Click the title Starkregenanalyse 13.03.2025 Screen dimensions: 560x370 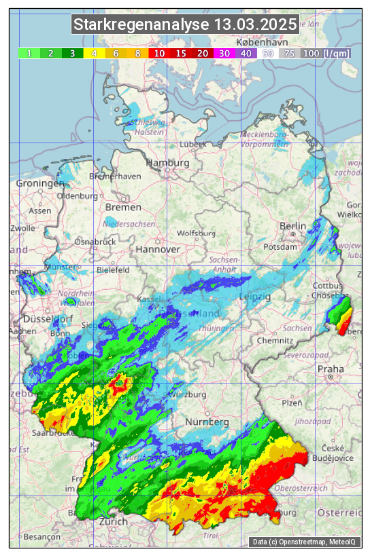(185, 25)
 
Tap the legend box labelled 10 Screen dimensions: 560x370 (159, 53)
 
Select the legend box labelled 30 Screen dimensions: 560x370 (224, 53)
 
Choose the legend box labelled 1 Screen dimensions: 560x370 (29, 53)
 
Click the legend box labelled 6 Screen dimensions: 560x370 (116, 53)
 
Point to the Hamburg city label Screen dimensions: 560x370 (167, 163)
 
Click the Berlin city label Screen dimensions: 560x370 (293, 226)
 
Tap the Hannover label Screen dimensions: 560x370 (158, 249)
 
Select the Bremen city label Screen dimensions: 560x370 (123, 207)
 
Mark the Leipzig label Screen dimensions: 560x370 (255, 297)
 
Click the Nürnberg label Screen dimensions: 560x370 (207, 422)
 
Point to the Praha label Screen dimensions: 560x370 (331, 369)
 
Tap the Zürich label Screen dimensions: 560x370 (113, 521)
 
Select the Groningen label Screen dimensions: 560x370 (39, 183)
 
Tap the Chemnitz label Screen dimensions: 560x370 (279, 340)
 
